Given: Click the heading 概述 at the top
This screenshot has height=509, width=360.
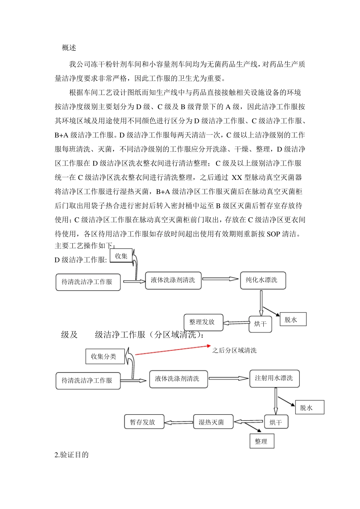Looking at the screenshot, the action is (69, 48).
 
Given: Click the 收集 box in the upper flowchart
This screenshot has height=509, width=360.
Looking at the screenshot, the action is (121, 256).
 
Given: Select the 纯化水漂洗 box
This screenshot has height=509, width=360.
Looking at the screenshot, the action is (262, 280).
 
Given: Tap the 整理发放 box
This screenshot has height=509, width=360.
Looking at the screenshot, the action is (203, 322).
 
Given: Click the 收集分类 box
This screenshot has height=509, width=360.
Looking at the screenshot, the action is (103, 356).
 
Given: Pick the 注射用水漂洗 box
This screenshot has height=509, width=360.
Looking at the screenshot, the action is (274, 378).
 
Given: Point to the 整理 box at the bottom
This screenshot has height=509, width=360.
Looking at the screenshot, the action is (261, 441).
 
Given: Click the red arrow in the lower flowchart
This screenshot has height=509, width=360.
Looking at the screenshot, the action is (173, 350).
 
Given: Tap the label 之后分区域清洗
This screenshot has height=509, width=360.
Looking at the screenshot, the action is (234, 351).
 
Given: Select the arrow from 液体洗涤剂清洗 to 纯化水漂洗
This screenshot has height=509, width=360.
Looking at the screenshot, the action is (221, 279).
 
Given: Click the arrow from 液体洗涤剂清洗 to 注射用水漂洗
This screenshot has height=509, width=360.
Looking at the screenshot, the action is (229, 378).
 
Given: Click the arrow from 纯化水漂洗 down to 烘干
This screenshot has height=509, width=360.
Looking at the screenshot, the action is (261, 303).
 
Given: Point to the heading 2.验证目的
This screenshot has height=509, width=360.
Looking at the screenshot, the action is (72, 455).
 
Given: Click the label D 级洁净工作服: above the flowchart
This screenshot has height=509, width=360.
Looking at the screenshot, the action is (81, 260).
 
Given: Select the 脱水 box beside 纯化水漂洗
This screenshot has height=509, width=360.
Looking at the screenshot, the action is (291, 320).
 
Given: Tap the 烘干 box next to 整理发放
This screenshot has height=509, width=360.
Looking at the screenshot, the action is (260, 324).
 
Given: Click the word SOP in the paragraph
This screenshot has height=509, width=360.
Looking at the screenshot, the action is (274, 234).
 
